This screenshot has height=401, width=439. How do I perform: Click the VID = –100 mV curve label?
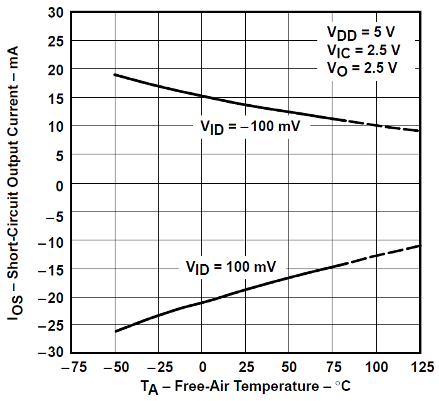click(250, 126)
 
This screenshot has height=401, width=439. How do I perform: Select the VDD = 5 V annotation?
click(362, 32)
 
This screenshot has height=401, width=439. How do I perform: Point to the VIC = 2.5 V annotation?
click(363, 50)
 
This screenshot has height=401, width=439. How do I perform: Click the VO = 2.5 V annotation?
click(362, 68)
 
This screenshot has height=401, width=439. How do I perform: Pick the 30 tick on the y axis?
click(55, 13)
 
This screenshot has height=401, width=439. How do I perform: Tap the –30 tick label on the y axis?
click(51, 353)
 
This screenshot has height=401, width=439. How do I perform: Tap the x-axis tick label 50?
click(289, 366)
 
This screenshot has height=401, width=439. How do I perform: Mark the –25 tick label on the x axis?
click(157, 366)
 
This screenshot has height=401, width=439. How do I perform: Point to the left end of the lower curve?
click(115, 331)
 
